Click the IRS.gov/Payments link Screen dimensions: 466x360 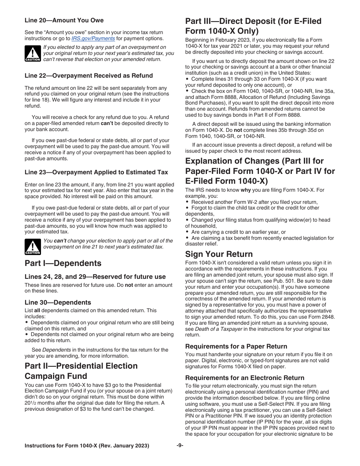tap(93, 38)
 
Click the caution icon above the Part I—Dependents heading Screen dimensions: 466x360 tap(33, 247)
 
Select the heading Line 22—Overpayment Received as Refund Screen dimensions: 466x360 tap(89, 75)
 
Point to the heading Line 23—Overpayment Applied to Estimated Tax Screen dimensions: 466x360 tap(96, 172)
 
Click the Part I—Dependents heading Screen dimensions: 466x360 tap(63, 263)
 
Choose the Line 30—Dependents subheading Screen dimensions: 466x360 tap(58, 302)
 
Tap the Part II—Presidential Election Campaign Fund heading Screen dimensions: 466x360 tap(81, 371)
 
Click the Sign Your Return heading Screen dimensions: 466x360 tap(219, 254)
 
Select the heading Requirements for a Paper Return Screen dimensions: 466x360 tap(236, 346)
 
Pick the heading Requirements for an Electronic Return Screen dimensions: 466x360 tap(244, 378)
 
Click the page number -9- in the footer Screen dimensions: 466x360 tap(180, 446)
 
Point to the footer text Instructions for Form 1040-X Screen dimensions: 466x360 tap(87, 446)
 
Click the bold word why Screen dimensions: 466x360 tap(246, 190)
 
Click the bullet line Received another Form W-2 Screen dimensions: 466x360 tap(254, 202)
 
